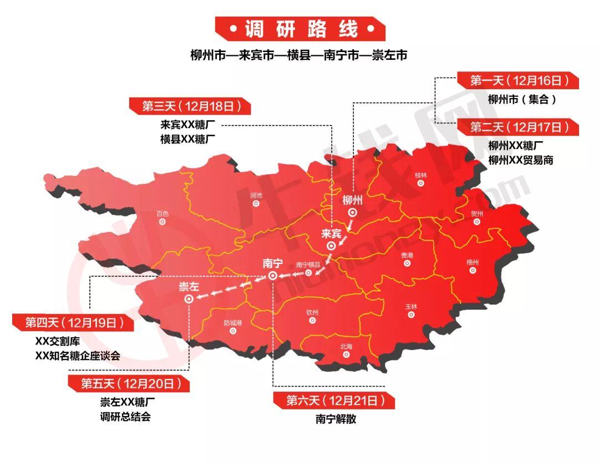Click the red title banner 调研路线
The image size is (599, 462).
(x=300, y=29)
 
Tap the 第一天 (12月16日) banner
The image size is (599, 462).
(x=519, y=81)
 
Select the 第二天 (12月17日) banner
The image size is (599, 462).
(x=519, y=127)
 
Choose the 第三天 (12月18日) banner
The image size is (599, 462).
(x=189, y=106)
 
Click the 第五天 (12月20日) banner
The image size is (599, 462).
(x=128, y=383)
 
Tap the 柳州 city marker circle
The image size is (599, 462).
(x=352, y=213)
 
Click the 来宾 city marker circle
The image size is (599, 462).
(x=331, y=246)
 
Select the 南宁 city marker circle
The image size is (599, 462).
(x=272, y=276)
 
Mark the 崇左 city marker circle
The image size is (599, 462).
(x=189, y=299)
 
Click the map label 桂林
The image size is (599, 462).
(x=421, y=175)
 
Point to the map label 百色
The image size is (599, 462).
(x=162, y=213)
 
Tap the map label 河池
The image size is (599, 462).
(x=256, y=195)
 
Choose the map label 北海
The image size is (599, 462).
(x=346, y=347)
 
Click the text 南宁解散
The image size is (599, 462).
(x=336, y=419)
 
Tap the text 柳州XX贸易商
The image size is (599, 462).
(x=520, y=160)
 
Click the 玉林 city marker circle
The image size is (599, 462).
(x=411, y=315)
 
